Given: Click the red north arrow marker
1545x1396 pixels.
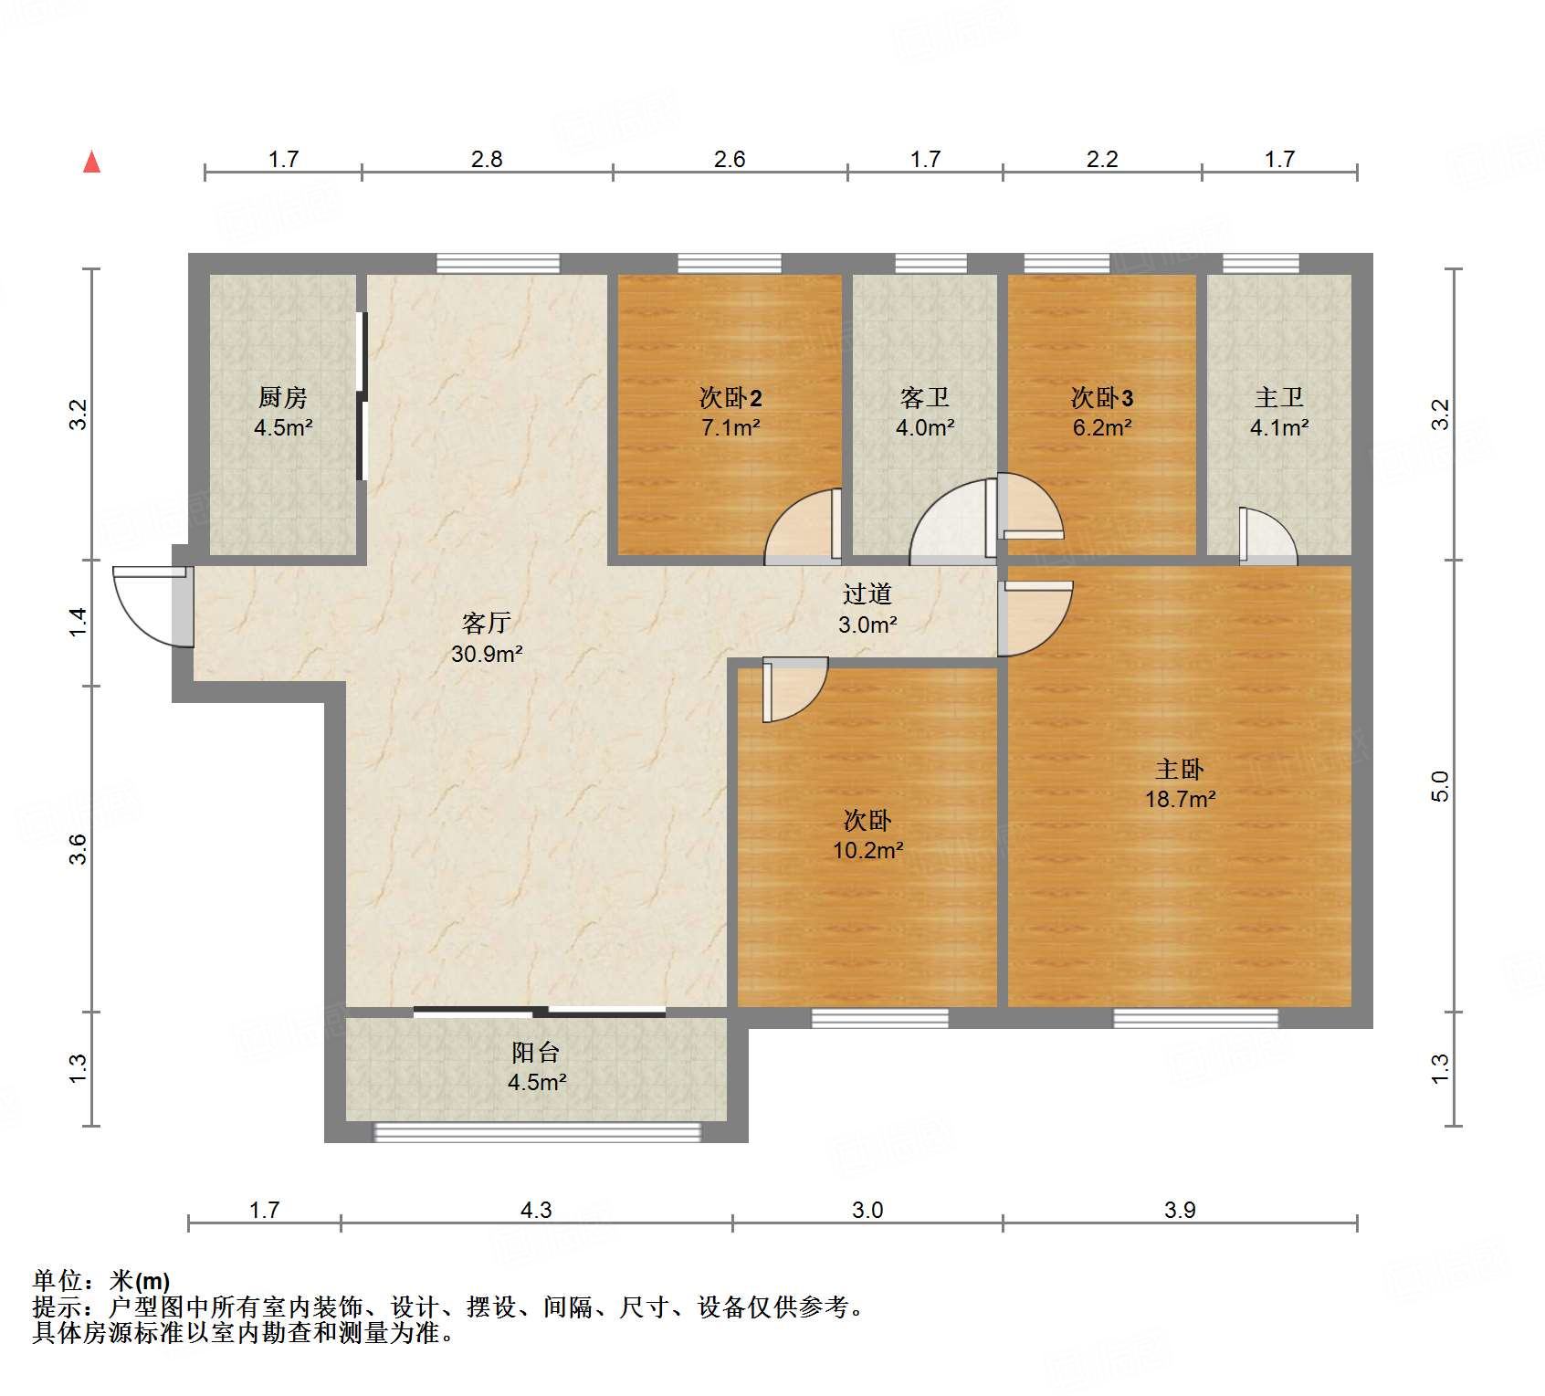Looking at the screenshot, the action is pyautogui.click(x=91, y=162).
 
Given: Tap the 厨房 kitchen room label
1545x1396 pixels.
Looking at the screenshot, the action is pyautogui.click(x=283, y=397).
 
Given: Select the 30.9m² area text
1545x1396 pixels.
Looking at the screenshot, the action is pyautogui.click(x=487, y=654).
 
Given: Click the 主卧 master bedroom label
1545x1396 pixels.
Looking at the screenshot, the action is pyautogui.click(x=1180, y=769).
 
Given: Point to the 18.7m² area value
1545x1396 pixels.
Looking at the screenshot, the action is pyautogui.click(x=1181, y=799).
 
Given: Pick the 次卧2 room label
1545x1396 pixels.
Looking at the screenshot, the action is pyautogui.click(x=730, y=397).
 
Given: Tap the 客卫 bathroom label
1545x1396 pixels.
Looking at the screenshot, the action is pyautogui.click(x=925, y=397).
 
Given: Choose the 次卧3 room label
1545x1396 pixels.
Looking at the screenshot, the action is pyautogui.click(x=1102, y=397).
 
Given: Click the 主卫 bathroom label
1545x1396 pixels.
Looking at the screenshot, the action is pyautogui.click(x=1279, y=397).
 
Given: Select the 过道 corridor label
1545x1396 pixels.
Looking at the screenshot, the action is pyautogui.click(x=867, y=593).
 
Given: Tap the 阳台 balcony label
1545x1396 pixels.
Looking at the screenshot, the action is pyautogui.click(x=536, y=1052).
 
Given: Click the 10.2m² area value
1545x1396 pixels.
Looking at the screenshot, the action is pyautogui.click(x=867, y=850).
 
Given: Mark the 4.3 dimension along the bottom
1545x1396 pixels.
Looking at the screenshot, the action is pyautogui.click(x=536, y=1210).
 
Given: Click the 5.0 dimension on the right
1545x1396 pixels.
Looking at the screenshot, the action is pyautogui.click(x=1440, y=786).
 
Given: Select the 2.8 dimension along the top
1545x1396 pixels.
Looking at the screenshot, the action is pyautogui.click(x=487, y=159).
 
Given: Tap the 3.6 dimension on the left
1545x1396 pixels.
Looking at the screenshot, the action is pyautogui.click(x=79, y=849).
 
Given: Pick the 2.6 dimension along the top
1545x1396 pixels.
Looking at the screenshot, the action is pyautogui.click(x=730, y=159).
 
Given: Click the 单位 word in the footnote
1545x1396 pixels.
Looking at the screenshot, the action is pyautogui.click(x=58, y=1281).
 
